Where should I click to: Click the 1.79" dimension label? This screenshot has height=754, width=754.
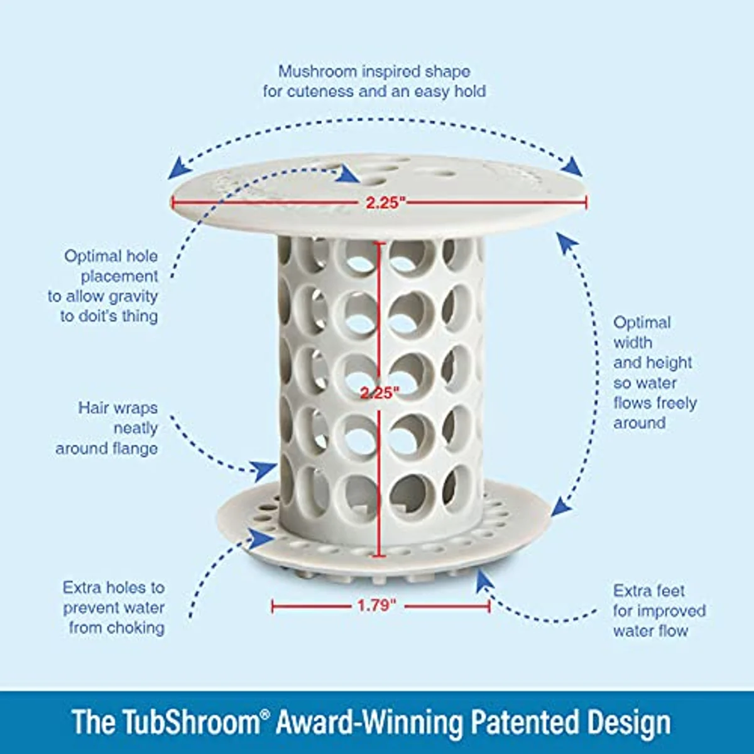tap(377, 606)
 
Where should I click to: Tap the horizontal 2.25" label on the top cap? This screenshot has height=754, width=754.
tap(386, 202)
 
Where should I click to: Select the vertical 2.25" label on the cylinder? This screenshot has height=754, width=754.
tap(380, 393)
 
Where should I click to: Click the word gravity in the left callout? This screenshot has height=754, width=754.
tap(133, 297)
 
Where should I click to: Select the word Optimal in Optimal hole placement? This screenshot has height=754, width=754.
tap(92, 256)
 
